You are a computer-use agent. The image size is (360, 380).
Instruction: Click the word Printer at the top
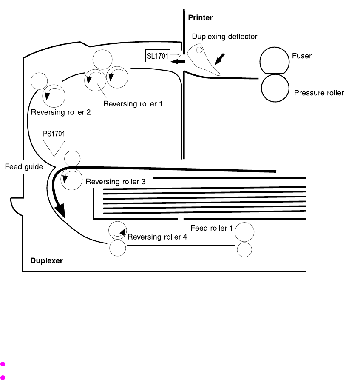200,18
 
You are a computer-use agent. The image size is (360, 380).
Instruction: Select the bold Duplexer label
47,260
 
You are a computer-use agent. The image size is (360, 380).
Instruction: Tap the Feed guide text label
24,167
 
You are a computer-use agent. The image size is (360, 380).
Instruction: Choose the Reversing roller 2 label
61,112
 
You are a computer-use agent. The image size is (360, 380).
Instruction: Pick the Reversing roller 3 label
116,182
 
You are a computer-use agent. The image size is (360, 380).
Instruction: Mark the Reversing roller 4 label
157,237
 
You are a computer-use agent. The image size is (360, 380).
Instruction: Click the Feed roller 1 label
212,228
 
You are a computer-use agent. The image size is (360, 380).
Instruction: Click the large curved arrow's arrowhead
61,210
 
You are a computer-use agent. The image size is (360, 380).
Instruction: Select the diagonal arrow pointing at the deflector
220,59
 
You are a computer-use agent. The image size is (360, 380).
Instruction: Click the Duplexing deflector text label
224,37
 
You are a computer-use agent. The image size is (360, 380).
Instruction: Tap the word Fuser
302,56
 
